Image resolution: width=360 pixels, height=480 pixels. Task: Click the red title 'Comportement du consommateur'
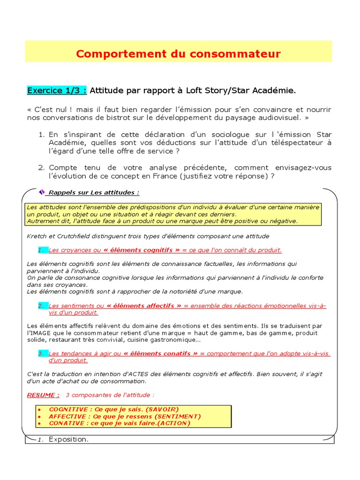pyautogui.click(x=178, y=54)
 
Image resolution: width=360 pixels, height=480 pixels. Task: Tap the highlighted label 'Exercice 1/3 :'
pyautogui.click(x=57, y=90)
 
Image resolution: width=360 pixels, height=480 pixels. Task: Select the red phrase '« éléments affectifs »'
pyautogui.click(x=144, y=306)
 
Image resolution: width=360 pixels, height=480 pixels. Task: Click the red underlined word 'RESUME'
pyautogui.click(x=43, y=395)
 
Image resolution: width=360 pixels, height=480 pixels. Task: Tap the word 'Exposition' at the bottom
pyautogui.click(x=68, y=440)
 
